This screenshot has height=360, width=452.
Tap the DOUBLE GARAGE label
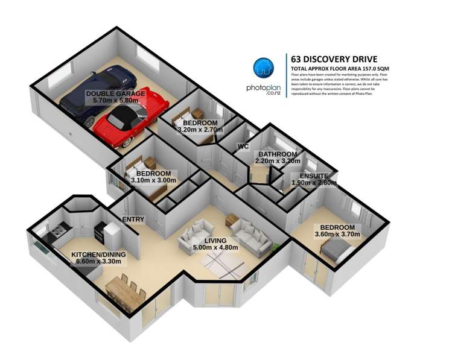115,94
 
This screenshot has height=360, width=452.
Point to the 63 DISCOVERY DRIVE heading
334,59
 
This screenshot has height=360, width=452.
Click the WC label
243,146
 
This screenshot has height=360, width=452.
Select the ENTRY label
133,219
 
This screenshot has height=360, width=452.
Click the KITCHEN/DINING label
98,255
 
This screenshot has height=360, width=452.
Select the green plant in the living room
275,246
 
